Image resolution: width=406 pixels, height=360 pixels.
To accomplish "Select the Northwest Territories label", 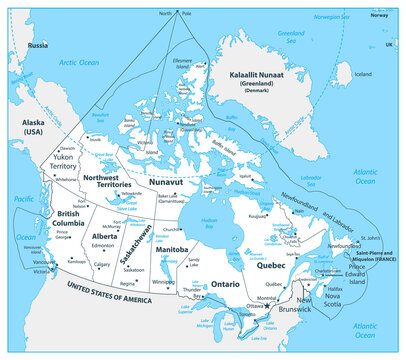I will pyautogui.click(x=108, y=181).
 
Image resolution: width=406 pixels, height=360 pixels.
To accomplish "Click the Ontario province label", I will pyautogui.click(x=225, y=283).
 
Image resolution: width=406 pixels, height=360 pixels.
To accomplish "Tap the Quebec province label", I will pyautogui.click(x=274, y=267).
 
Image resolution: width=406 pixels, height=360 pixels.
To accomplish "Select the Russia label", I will pyautogui.click(x=38, y=46).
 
